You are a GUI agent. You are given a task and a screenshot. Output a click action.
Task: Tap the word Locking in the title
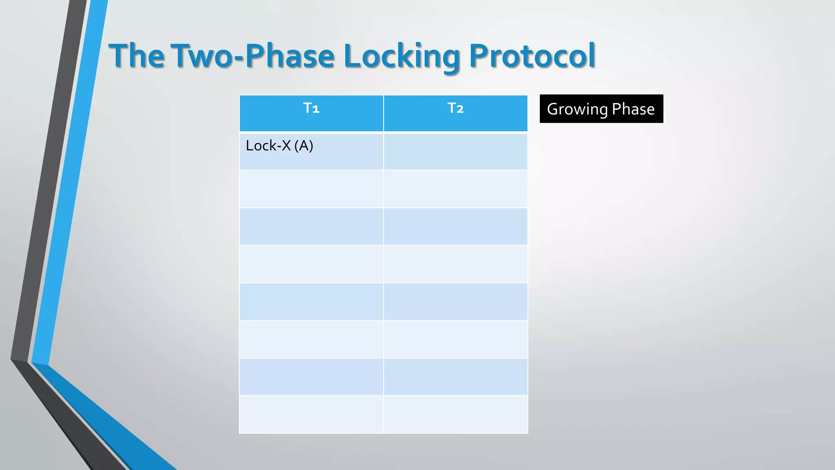coord(402,55)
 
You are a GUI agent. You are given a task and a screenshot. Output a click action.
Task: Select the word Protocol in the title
coord(532,55)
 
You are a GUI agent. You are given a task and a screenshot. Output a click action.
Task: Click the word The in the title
coord(137,55)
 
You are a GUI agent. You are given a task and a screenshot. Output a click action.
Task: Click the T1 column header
coord(311,109)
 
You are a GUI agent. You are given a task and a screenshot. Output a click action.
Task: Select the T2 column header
coord(455,109)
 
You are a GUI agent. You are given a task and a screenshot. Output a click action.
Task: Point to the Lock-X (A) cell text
coord(279,146)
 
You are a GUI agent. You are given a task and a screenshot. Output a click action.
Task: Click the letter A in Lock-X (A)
coord(304,146)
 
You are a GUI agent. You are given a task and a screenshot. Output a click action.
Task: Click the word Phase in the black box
coord(633,109)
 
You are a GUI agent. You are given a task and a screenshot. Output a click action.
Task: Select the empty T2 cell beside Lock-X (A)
coord(455,151)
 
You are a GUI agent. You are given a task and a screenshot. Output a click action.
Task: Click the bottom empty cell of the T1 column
coord(311,414)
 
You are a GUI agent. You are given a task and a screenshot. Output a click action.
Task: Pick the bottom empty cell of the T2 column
coord(455,414)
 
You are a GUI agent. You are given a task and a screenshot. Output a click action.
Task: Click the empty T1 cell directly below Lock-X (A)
coord(311,189)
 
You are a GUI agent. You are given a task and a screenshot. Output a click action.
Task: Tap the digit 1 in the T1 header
coord(316,109)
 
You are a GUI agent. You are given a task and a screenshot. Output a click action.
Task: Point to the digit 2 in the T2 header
coord(460,109)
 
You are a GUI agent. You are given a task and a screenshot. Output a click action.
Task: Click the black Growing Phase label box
coord(601,109)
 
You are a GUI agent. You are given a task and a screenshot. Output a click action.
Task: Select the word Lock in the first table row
coord(261,146)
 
